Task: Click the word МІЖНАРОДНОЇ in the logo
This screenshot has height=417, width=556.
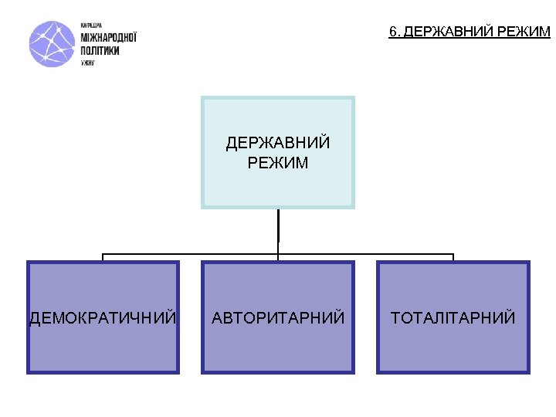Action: pos(109,36)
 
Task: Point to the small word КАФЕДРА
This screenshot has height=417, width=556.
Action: pos(92,25)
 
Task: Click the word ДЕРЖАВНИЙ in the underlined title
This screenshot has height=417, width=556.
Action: pos(441,32)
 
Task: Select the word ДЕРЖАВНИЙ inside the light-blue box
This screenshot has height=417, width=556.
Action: pos(278,144)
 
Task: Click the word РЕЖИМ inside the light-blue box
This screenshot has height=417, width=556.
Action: pos(278,163)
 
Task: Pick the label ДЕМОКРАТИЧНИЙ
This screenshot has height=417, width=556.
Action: pos(103,317)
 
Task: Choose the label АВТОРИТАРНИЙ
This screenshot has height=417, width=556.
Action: pos(278,317)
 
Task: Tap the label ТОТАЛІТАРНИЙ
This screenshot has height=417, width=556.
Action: pos(453,317)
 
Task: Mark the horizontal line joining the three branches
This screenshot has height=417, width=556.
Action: pos(193,254)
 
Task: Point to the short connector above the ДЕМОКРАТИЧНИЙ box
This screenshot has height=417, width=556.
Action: pos(103,258)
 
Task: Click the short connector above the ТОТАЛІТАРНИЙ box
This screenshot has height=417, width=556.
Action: pos(453,258)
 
